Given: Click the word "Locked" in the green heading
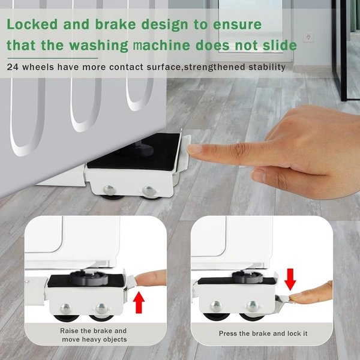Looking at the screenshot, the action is (x=32, y=24).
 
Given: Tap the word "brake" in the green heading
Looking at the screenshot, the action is (x=115, y=24).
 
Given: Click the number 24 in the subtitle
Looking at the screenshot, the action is (x=13, y=67).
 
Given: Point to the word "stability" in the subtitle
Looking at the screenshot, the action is (x=267, y=67).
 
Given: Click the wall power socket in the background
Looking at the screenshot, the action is (x=308, y=37).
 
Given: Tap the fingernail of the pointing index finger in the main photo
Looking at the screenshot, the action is (x=194, y=149).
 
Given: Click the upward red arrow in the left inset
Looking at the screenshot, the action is (x=139, y=302).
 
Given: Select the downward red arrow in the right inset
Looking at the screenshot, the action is (x=290, y=280).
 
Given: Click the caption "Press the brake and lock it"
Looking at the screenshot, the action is (x=263, y=334).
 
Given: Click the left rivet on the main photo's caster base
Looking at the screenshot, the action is (x=110, y=190).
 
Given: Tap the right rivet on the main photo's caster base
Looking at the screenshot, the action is (x=149, y=191).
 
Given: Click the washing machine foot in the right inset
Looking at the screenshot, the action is (x=248, y=277).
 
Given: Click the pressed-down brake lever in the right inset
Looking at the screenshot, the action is (x=284, y=299).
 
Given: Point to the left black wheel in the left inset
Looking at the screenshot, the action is (x=66, y=318).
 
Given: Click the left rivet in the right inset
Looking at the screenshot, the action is (x=216, y=307).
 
